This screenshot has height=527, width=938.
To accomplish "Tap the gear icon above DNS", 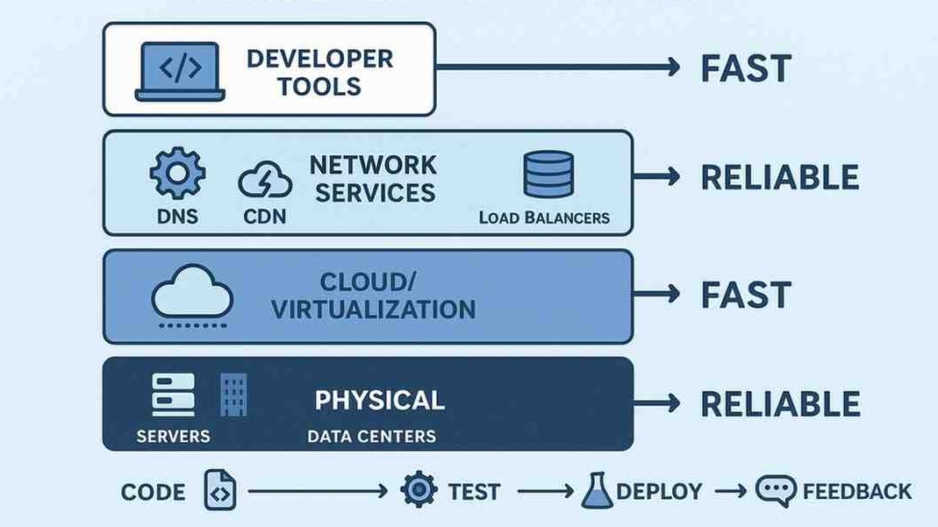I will point(177,173).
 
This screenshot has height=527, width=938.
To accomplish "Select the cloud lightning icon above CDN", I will point(265,182).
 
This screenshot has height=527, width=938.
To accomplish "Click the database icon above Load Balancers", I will point(548,174).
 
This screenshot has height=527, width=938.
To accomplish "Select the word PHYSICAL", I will point(379,401).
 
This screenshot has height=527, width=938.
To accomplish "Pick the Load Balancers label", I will point(544,217).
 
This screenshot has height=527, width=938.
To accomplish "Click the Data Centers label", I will point(371,436).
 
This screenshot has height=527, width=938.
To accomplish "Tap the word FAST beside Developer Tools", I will point(746,68).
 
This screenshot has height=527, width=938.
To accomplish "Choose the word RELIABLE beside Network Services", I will point(779,177).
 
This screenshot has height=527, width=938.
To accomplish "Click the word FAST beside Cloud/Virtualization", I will point(746,295).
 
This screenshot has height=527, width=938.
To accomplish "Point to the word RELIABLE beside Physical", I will point(779,403).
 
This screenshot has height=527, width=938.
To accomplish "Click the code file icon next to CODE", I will point(219,490).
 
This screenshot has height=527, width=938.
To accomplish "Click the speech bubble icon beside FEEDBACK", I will point(776,490).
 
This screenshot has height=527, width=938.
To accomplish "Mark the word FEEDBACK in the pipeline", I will point(857,491).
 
